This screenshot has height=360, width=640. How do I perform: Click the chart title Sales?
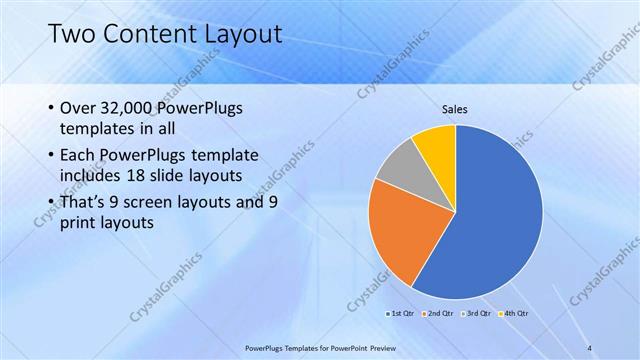455,109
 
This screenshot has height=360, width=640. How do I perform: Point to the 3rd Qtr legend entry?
475,313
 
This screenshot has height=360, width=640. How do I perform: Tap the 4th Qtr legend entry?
512,313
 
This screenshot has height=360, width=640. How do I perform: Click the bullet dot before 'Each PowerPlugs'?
51,156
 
